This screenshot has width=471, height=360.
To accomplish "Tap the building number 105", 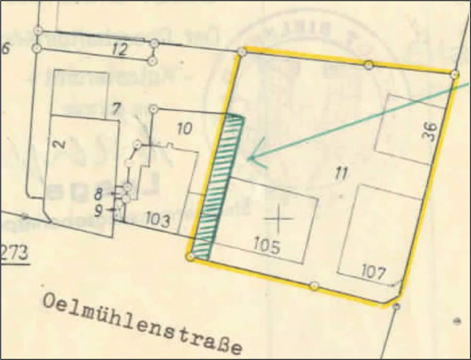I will [x=266, y=246].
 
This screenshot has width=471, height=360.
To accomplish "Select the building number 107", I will [x=373, y=272].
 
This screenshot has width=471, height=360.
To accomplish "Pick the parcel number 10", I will [x=185, y=129].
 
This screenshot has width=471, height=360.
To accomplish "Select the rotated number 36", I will [x=431, y=132].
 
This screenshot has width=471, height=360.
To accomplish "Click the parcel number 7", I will [x=116, y=109].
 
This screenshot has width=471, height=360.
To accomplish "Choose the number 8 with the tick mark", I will [x=99, y=194].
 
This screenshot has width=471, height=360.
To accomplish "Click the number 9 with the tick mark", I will [x=99, y=210].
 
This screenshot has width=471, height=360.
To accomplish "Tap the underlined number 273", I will [x=16, y=253].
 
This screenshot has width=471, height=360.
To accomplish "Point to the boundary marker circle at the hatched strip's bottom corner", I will [x=191, y=257].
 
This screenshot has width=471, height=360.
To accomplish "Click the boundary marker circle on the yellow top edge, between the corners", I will [x=368, y=65].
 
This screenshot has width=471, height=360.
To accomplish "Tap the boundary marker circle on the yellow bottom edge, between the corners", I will [x=314, y=286].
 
